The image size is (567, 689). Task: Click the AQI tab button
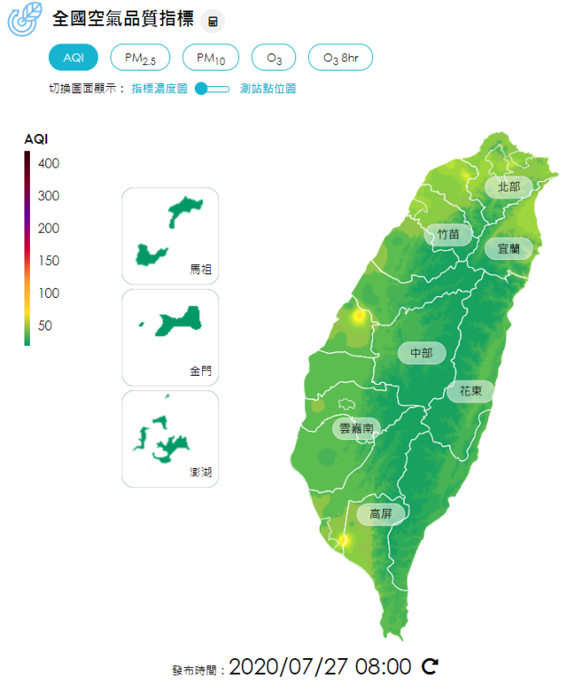[74, 58]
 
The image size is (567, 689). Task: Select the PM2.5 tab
[140, 58]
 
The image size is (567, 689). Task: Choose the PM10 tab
[211, 58]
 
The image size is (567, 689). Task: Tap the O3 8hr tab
[340, 58]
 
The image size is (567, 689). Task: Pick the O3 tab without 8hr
[274, 58]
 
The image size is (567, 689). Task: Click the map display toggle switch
[213, 89]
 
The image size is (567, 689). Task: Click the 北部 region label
[509, 187]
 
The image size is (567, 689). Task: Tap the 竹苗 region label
[448, 235]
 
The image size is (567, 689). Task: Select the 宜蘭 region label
[508, 248]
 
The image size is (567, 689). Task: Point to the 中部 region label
[422, 353]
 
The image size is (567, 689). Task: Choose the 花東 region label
[470, 391]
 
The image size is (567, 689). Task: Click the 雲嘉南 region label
[356, 428]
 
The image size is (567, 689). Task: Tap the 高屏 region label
[380, 513]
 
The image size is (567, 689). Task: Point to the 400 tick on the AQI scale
[49, 164]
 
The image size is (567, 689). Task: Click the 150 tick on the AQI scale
[49, 261]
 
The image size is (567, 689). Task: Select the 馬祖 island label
[201, 268]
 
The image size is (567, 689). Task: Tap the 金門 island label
[201, 370]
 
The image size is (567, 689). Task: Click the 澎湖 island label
[201, 472]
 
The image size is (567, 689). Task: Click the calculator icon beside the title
[213, 20]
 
